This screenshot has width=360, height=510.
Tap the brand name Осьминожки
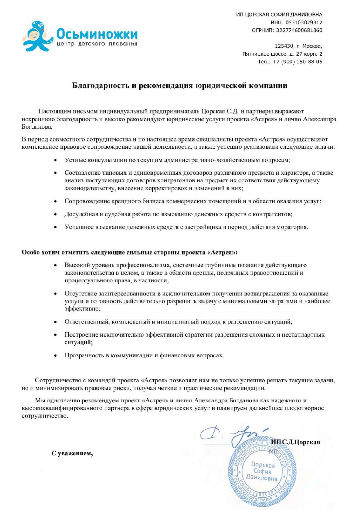pyautogui.click(x=97, y=34)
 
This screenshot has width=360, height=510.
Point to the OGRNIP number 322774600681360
pyautogui.click(x=299, y=30)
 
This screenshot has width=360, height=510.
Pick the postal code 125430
pyautogui.click(x=284, y=46)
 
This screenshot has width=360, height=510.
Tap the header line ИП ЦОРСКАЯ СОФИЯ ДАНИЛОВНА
pyautogui.click(x=279, y=15)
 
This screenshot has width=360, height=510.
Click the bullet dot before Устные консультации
pyautogui.click(x=55, y=160)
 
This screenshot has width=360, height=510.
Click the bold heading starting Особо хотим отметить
pyautogui.click(x=129, y=252)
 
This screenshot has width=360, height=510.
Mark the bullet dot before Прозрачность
pyautogui.click(x=55, y=355)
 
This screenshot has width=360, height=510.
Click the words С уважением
pyautogui.click(x=72, y=453)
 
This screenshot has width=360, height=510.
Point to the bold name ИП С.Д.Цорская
pyautogui.click(x=295, y=442)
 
